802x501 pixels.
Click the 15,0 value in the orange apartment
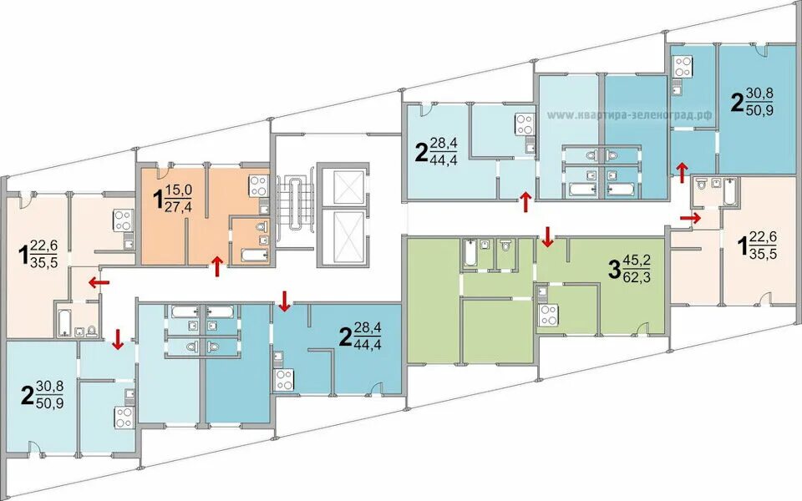(x=179, y=190)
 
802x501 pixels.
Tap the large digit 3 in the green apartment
(x=614, y=270)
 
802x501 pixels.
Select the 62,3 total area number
(x=637, y=278)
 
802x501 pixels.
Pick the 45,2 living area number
(x=637, y=261)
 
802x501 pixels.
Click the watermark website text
(x=629, y=115)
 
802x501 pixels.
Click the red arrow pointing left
(x=99, y=281)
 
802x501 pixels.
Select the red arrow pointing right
(x=690, y=218)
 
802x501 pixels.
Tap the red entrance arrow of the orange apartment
(x=218, y=266)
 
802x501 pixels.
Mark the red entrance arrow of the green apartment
(x=548, y=236)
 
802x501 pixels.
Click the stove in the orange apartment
(x=258, y=186)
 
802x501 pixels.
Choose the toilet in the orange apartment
(x=261, y=226)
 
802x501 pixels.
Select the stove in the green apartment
(x=548, y=315)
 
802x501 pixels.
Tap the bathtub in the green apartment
(x=470, y=253)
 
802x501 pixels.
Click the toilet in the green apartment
(x=506, y=245)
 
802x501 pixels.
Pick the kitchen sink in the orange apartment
(x=263, y=209)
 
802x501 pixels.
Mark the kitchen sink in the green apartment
(x=543, y=293)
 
